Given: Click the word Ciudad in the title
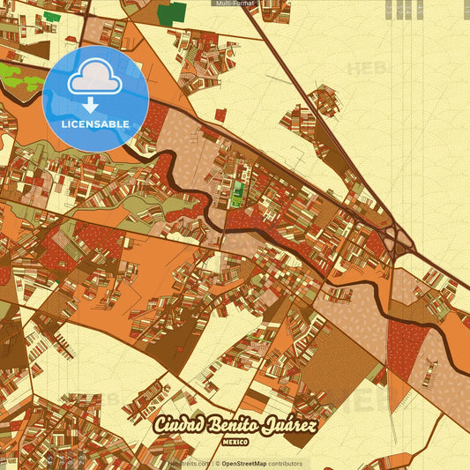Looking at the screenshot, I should click(x=181, y=426).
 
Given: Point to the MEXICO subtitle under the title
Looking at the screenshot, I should click(x=235, y=439).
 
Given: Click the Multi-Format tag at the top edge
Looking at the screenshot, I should click(x=235, y=4).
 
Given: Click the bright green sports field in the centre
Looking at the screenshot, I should click(x=235, y=190).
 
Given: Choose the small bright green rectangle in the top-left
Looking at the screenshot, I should click(x=52, y=16).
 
